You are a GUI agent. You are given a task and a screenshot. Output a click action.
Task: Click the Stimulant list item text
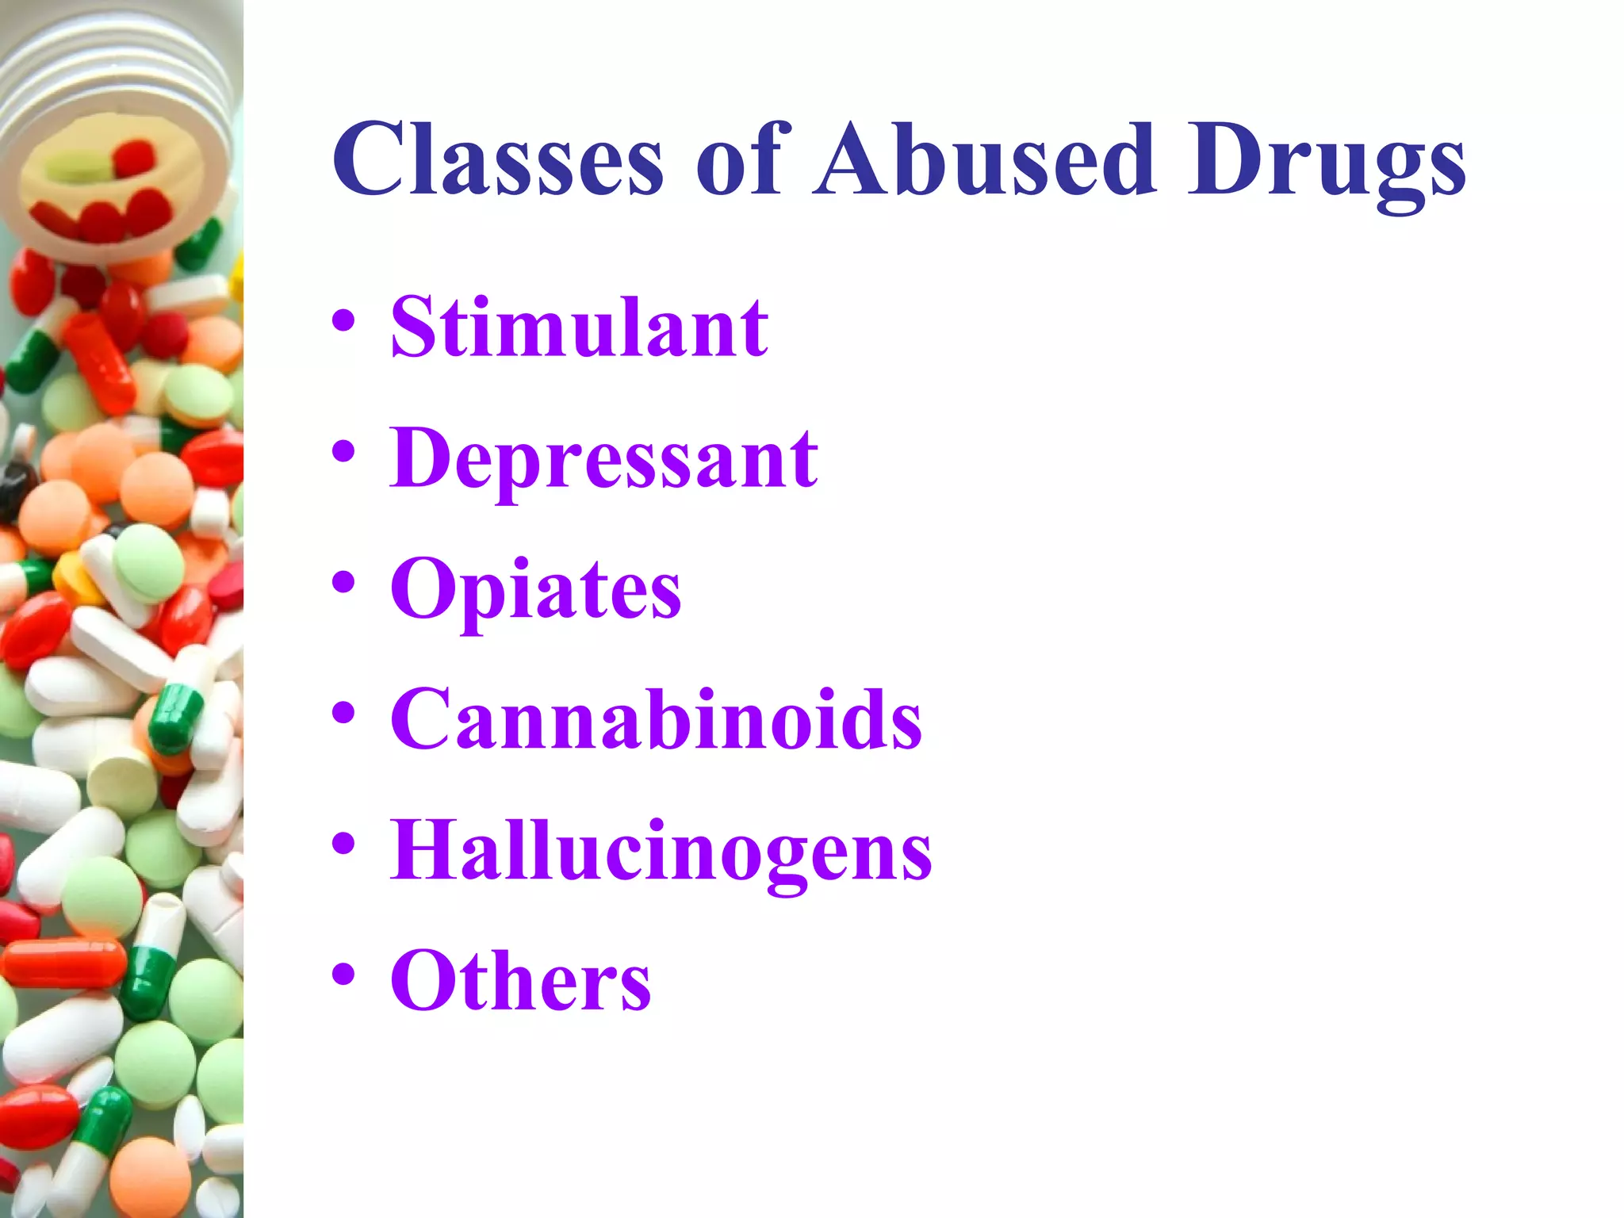[579, 327]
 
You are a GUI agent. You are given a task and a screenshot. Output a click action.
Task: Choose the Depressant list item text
[603, 460]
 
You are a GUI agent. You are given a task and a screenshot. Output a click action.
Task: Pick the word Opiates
[535, 591]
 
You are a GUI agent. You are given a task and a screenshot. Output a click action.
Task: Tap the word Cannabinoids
[656, 719]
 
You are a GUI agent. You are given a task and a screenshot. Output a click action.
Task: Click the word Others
[520, 981]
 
